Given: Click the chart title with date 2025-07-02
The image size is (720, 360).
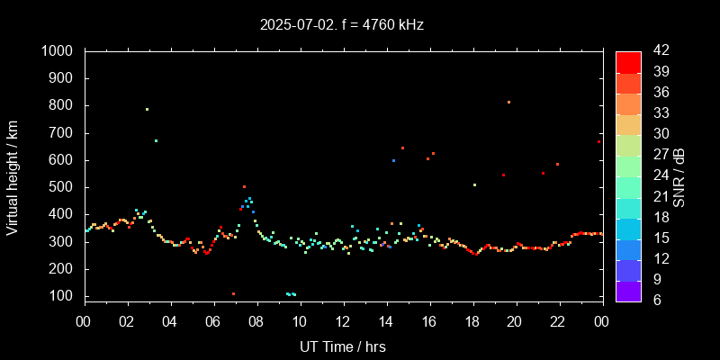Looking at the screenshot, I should pyautogui.click(x=342, y=24).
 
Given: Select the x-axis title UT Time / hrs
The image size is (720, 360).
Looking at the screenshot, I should pyautogui.click(x=343, y=346).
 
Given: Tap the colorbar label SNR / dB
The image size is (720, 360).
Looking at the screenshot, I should pyautogui.click(x=679, y=175).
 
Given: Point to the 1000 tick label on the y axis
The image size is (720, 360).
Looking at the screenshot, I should pyautogui.click(x=59, y=51).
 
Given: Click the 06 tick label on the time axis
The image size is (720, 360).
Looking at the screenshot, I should pyautogui.click(x=213, y=320).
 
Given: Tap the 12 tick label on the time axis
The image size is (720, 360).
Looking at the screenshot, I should pyautogui.click(x=343, y=320).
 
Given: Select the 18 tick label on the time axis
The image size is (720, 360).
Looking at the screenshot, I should pyautogui.click(x=472, y=320).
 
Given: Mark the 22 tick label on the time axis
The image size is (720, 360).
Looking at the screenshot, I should pyautogui.click(x=559, y=320).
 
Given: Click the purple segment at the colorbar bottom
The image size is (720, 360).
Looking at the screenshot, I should pyautogui.click(x=628, y=290).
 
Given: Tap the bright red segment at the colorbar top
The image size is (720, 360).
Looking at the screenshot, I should pyautogui.click(x=628, y=61).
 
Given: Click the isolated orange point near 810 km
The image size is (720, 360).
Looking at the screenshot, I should pyautogui.click(x=508, y=103).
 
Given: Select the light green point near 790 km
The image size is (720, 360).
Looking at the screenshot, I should pyautogui.click(x=147, y=110).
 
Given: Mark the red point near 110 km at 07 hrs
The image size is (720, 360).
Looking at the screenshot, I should pyautogui.click(x=233, y=293).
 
